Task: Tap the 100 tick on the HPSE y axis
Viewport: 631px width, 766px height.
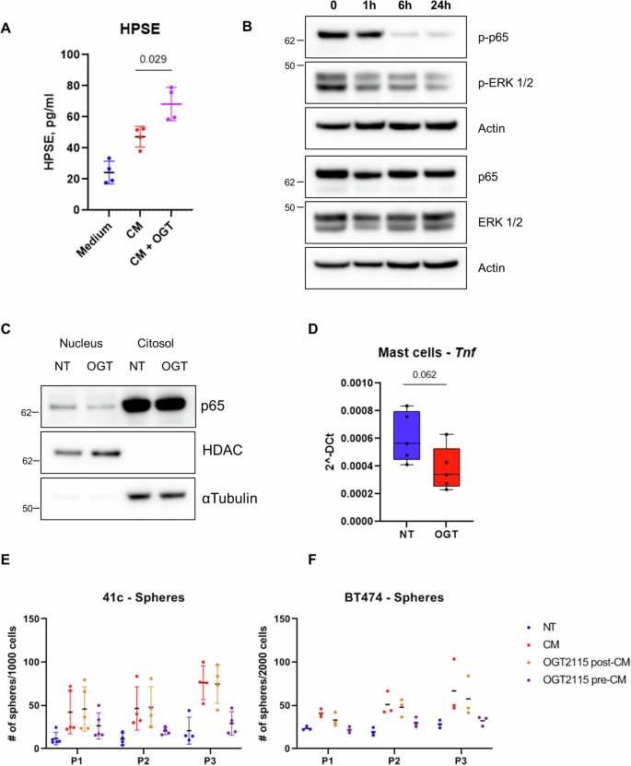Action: (x=66, y=53)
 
